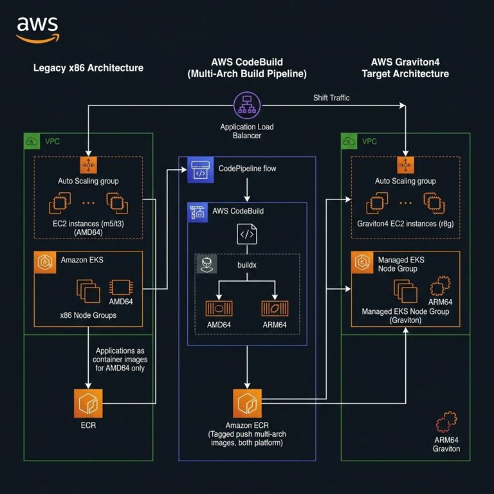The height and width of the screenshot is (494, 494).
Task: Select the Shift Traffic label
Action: tap(331, 97)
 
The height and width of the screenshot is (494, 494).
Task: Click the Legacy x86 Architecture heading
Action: tap(88, 68)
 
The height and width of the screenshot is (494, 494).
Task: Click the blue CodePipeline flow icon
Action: tap(200, 170)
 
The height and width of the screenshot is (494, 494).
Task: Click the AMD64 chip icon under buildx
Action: tap(218, 307)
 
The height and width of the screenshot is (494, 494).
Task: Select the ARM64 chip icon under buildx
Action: tap(274, 307)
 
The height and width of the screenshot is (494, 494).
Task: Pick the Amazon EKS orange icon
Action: tap(44, 261)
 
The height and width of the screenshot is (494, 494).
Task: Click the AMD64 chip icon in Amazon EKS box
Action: tap(120, 288)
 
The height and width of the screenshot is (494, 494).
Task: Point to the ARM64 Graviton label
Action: tap(446, 444)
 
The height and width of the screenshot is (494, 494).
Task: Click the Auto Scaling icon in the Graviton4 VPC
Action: tap(405, 165)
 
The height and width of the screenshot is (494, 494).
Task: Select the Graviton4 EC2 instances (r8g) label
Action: tap(405, 224)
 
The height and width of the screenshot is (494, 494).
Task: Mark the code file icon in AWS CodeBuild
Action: tap(247, 233)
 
